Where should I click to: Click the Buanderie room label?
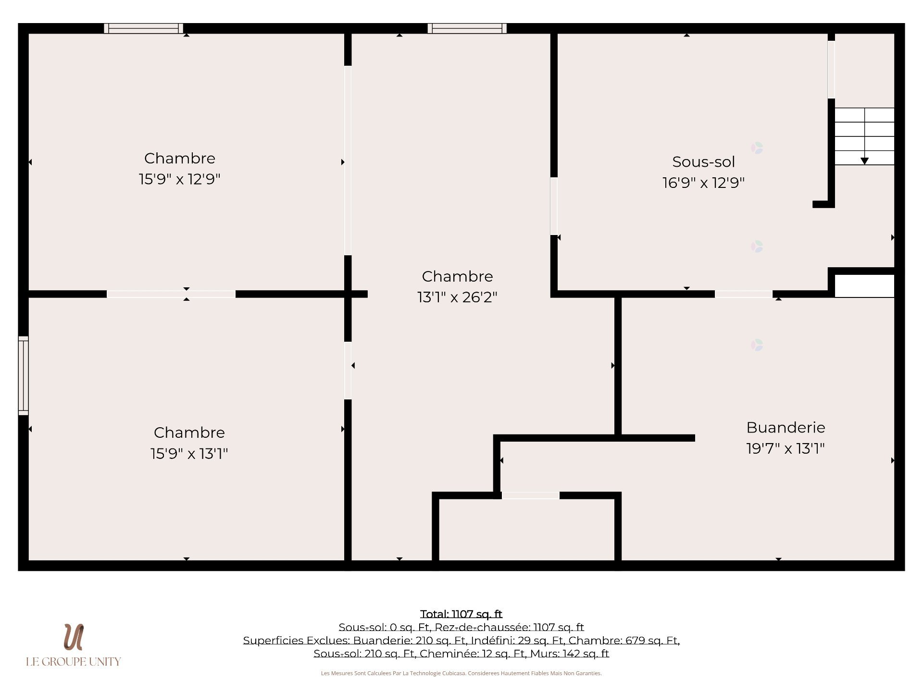[786, 427]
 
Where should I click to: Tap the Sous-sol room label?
[703, 162]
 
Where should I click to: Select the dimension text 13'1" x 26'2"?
[457, 297]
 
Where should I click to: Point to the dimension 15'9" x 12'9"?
[179, 179]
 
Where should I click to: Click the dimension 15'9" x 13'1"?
[189, 453]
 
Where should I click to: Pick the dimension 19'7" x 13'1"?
[786, 448]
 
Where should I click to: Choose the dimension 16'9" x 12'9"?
[703, 183]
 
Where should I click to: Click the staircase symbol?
[864, 136]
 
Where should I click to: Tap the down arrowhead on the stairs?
[864, 161]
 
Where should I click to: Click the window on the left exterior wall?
[24, 375]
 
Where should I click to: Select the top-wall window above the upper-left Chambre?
[143, 28]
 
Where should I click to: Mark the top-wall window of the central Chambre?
[467, 28]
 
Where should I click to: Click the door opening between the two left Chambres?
[171, 294]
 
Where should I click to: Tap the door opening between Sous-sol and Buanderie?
[744, 294]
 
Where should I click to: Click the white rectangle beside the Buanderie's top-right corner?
[864, 286]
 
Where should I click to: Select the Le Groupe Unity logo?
[74, 645]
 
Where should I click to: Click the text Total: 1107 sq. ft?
[461, 614]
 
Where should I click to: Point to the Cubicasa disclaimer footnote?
[461, 673]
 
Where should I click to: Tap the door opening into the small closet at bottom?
[531, 495]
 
